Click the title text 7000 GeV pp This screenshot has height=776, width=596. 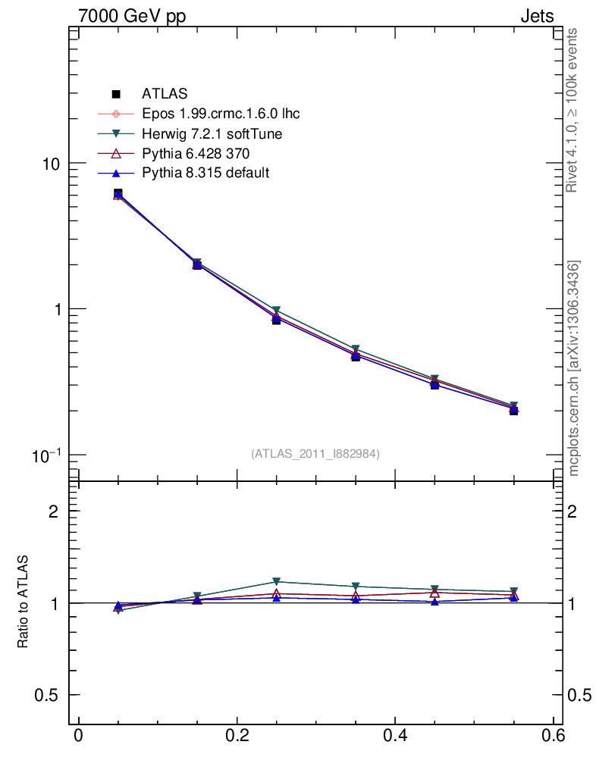click(x=127, y=16)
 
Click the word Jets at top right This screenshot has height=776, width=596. click(x=536, y=16)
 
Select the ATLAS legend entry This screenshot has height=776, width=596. click(x=165, y=94)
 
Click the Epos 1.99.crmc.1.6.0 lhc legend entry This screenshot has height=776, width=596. click(x=221, y=114)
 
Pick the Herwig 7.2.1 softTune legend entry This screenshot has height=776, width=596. click(x=212, y=134)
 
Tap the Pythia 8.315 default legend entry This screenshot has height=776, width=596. click(x=205, y=173)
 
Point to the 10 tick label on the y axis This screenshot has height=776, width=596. click(x=52, y=164)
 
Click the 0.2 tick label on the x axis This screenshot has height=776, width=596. click(x=237, y=737)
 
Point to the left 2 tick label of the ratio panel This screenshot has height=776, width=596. click(x=54, y=512)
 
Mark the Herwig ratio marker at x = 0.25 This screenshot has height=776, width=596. click(x=276, y=581)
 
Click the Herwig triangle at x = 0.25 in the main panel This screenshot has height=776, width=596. click(x=276, y=311)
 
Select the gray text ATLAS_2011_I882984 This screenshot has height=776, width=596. click(x=315, y=453)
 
